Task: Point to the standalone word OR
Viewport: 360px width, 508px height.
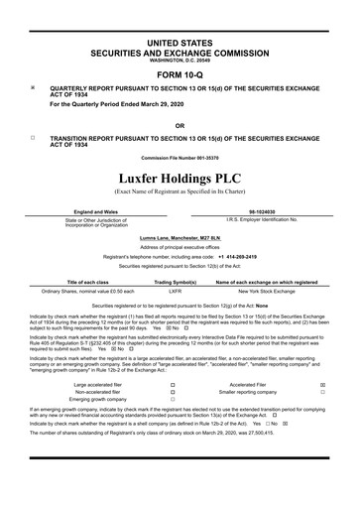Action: pos(180,125)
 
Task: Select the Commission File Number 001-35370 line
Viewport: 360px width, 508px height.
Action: pos(180,157)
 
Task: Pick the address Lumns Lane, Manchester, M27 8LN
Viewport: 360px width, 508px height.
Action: pos(180,236)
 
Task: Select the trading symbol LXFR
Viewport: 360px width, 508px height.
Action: pos(175,292)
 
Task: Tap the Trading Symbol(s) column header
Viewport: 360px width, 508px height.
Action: pos(175,282)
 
